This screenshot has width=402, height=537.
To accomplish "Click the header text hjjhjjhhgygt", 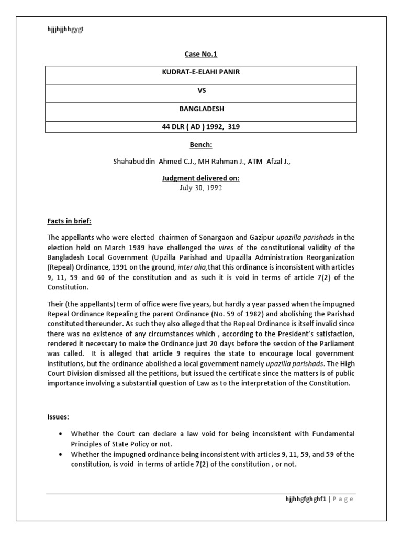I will click(65, 29).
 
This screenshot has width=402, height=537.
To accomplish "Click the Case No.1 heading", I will click(201, 54).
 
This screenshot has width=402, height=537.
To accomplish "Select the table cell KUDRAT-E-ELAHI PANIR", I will click(201, 72).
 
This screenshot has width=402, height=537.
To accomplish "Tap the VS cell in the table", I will click(201, 90).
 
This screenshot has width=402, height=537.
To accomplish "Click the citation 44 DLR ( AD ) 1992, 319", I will click(201, 126).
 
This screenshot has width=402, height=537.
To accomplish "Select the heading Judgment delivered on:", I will click(201, 178).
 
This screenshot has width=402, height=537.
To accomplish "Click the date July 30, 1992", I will click(201, 188).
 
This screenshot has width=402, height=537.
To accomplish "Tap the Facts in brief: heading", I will click(69, 221).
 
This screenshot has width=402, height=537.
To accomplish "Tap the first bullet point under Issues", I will click(62, 434).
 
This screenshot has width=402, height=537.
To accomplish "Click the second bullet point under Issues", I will click(62, 455).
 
